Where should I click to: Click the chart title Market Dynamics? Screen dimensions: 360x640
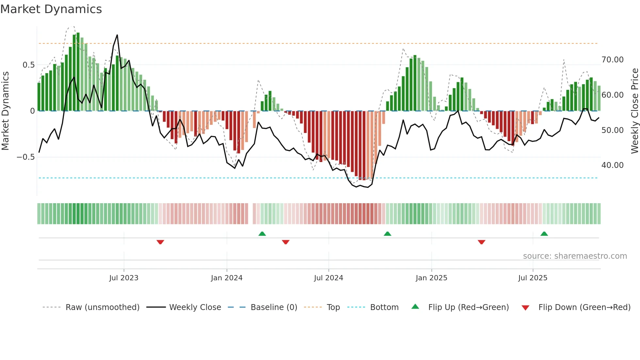click(x=51, y=9)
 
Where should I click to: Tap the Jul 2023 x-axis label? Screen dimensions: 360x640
click(x=124, y=278)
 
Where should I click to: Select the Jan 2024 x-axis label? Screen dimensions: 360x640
click(x=227, y=278)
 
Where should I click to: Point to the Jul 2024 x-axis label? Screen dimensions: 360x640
click(x=328, y=278)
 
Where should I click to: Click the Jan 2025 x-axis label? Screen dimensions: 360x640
click(x=431, y=278)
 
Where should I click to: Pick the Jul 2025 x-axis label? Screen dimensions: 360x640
click(x=533, y=278)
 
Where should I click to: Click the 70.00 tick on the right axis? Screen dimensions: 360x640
click(x=613, y=60)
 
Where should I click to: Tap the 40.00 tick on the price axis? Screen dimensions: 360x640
click(x=613, y=165)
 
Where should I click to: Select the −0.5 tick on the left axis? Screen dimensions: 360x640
click(x=26, y=157)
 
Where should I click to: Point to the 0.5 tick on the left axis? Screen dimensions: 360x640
click(x=28, y=65)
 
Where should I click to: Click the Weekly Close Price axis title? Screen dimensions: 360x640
click(x=634, y=111)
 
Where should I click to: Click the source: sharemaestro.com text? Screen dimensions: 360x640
click(x=575, y=256)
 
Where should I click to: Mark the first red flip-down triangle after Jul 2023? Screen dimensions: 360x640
click(x=160, y=242)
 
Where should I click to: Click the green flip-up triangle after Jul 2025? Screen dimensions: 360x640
click(x=544, y=234)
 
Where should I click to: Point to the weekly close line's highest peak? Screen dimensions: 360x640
click(x=117, y=35)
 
